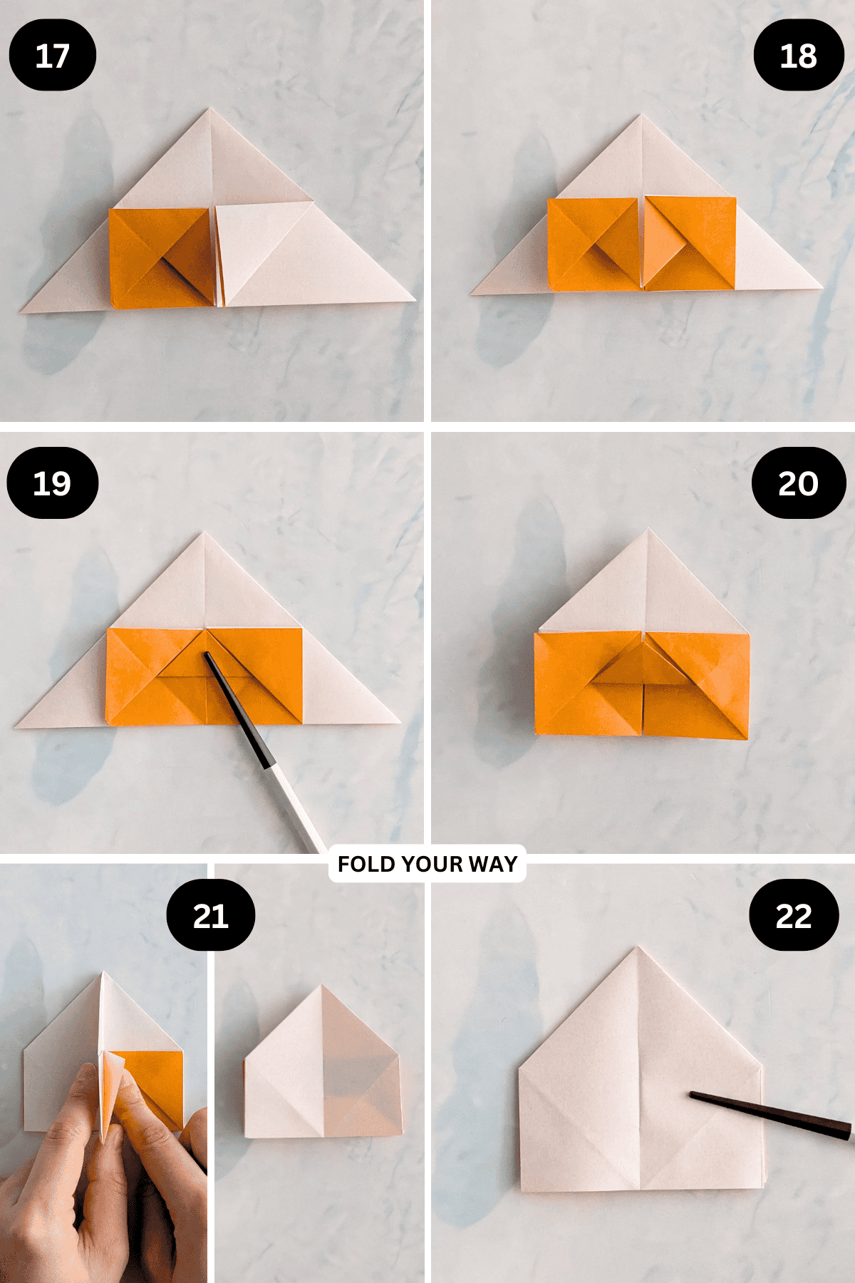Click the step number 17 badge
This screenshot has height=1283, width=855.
click(x=52, y=55)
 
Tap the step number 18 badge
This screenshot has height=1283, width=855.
click(x=798, y=55)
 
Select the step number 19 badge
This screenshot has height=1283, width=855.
click(x=52, y=483)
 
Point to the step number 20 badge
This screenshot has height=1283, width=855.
click(x=798, y=483)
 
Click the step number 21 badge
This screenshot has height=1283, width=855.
click(x=210, y=914)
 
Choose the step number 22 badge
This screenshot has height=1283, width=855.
click(x=794, y=914)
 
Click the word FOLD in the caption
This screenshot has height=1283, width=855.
click(x=366, y=864)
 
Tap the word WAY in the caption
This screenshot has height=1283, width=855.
click(x=493, y=864)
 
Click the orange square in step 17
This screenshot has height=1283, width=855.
click(x=162, y=258)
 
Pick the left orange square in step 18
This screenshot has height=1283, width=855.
click(x=594, y=244)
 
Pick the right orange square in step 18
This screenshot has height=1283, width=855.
click(x=690, y=243)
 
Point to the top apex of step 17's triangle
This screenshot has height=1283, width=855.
click(x=209, y=109)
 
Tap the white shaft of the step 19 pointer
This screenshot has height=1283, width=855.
click(x=296, y=805)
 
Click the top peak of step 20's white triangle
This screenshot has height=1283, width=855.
click(x=648, y=530)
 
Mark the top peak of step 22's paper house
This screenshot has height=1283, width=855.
click(x=638, y=948)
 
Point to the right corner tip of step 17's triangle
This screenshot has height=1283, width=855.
click(x=415, y=301)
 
